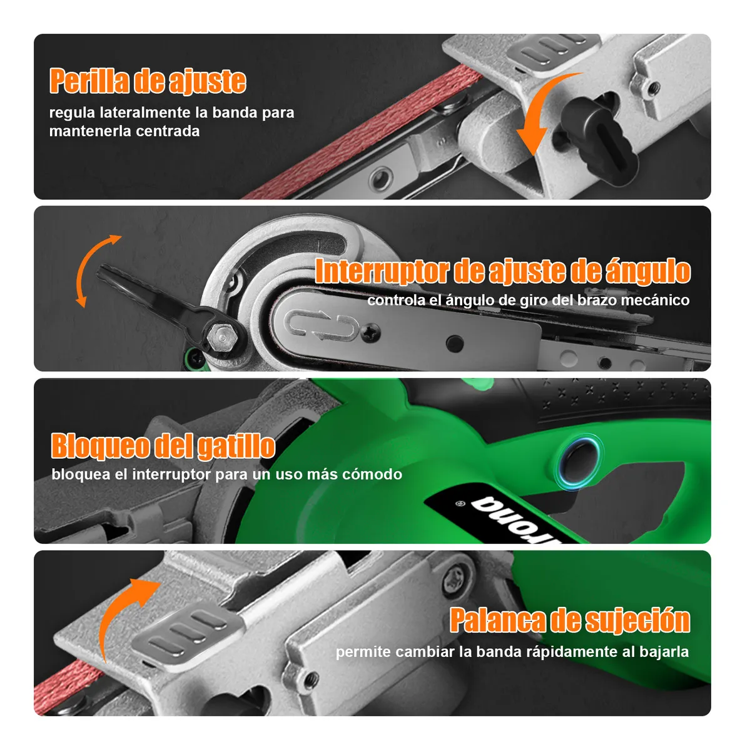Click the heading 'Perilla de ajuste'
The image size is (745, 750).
(148, 81)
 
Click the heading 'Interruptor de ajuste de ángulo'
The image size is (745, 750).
(502, 271)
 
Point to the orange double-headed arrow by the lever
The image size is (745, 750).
(94, 270)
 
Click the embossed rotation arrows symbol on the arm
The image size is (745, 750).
(322, 326)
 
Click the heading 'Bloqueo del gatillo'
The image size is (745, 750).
(163, 446)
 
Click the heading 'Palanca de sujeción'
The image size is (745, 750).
(569, 621)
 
